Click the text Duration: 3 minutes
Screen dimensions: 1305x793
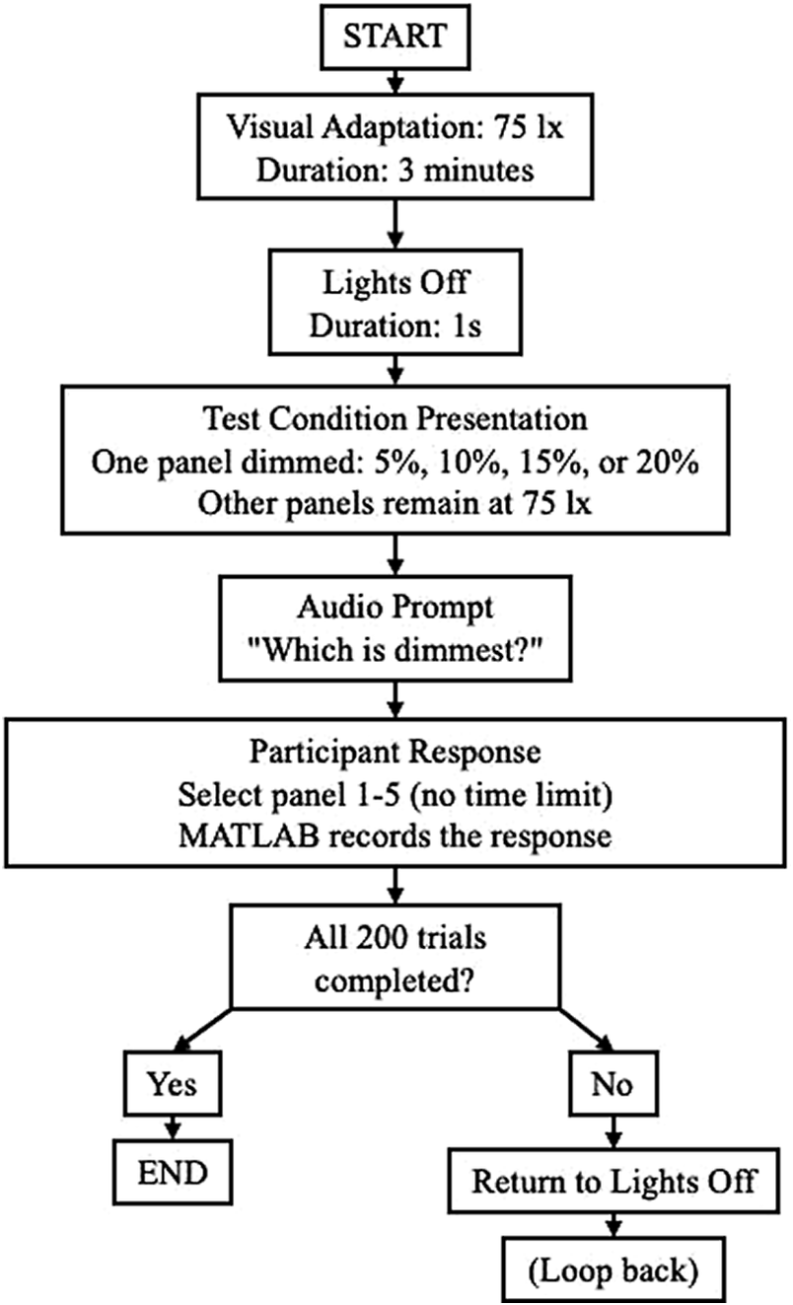[x=395, y=169]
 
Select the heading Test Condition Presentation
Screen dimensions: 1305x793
[x=395, y=418]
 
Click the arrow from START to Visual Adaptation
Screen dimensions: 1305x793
[x=395, y=76]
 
